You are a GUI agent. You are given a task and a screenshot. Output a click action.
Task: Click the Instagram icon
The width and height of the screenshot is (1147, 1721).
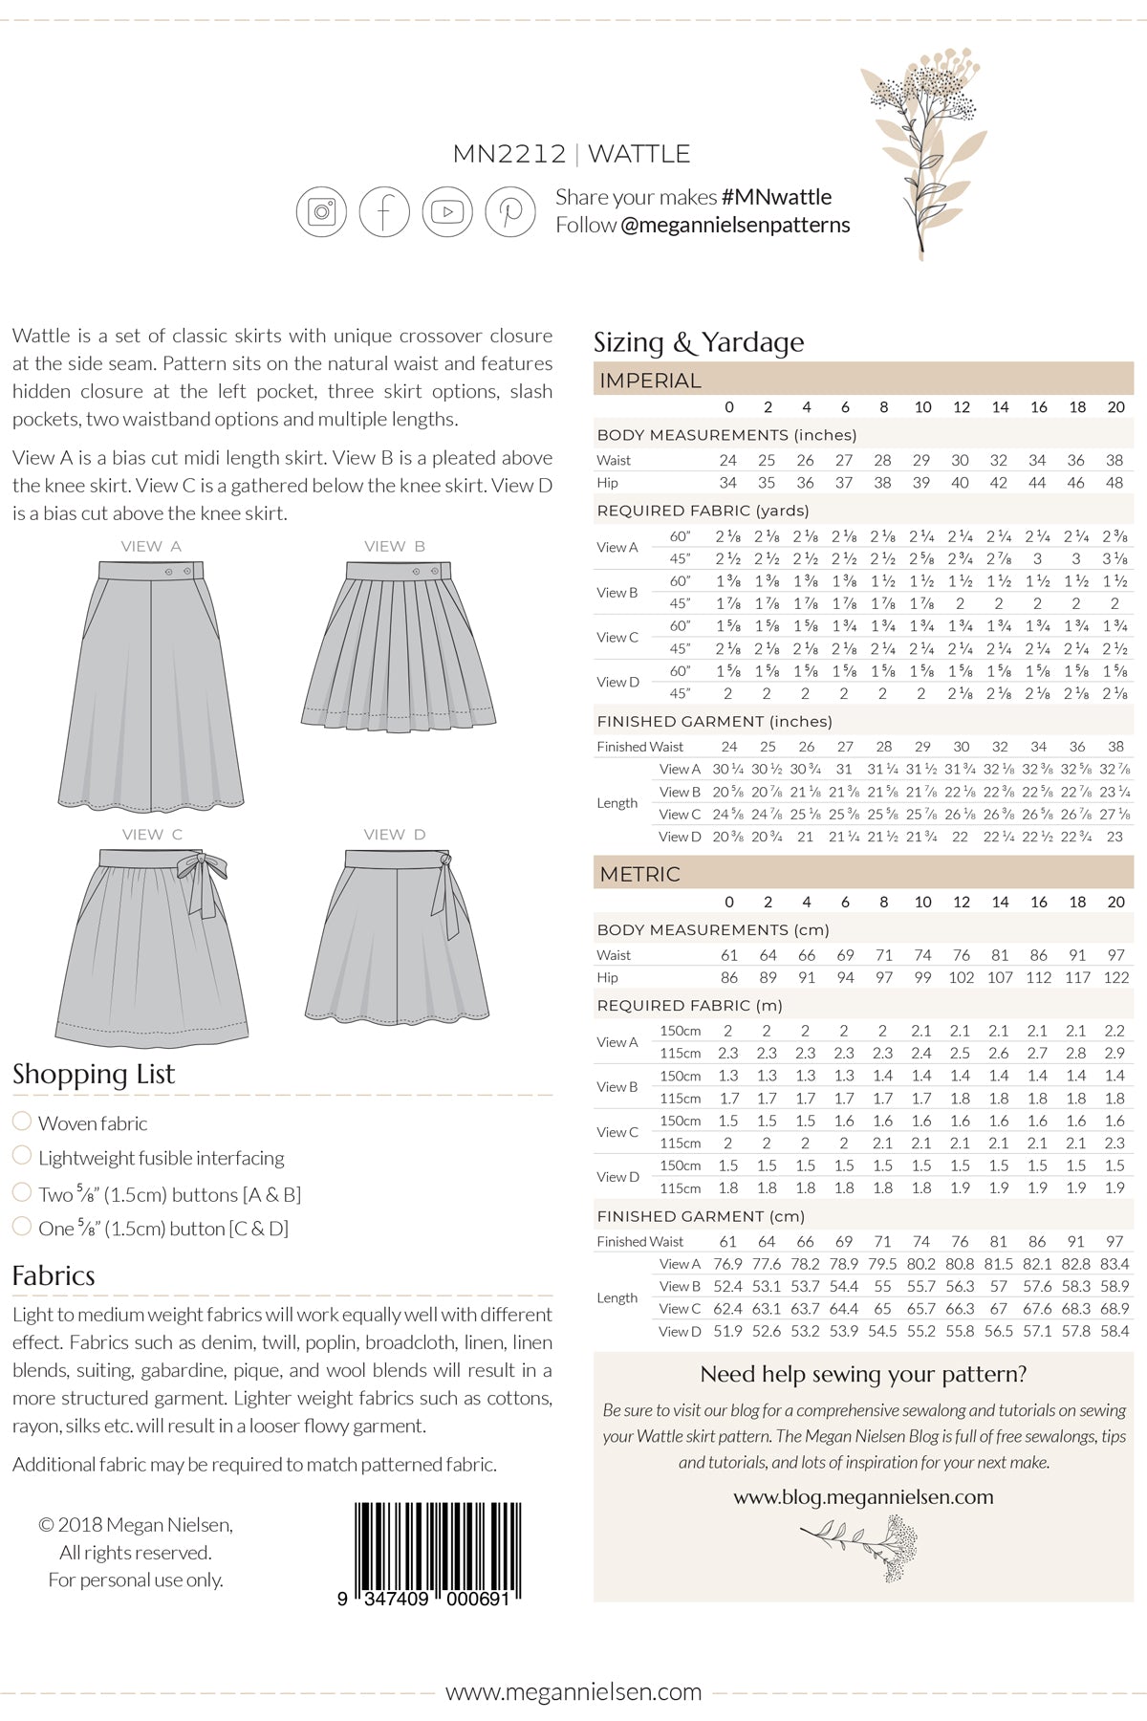click(x=321, y=211)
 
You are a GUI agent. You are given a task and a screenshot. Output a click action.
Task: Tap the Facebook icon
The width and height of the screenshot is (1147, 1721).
click(x=384, y=211)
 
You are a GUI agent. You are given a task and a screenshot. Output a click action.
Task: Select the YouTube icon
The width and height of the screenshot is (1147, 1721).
click(x=447, y=211)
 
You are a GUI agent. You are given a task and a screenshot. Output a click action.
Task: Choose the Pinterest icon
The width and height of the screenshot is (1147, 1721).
click(x=510, y=211)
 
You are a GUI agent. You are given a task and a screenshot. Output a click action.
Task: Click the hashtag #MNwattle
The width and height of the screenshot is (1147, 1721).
click(x=776, y=197)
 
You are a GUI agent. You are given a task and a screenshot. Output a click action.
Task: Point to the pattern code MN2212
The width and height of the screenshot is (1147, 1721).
click(x=509, y=154)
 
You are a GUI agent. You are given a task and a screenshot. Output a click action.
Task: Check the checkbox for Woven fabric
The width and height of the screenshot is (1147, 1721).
click(x=22, y=1121)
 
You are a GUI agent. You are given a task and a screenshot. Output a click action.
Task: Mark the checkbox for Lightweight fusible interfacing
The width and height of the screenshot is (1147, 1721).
click(x=22, y=1155)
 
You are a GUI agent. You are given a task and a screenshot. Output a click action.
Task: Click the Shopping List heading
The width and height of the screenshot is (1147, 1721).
click(x=94, y=1074)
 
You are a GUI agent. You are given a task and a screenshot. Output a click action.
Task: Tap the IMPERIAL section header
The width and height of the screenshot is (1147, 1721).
click(x=650, y=381)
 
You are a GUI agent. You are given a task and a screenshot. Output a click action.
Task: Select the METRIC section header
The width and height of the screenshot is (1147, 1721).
click(x=640, y=874)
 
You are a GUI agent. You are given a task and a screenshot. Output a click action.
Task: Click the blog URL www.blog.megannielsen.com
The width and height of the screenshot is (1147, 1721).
click(x=863, y=1497)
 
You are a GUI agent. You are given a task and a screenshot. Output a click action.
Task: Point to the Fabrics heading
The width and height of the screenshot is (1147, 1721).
click(x=54, y=1275)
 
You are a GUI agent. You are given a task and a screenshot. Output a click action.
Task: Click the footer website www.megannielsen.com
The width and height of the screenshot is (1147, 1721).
click(x=573, y=1692)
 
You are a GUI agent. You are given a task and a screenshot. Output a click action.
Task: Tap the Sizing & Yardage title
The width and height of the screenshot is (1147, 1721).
click(x=699, y=342)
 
